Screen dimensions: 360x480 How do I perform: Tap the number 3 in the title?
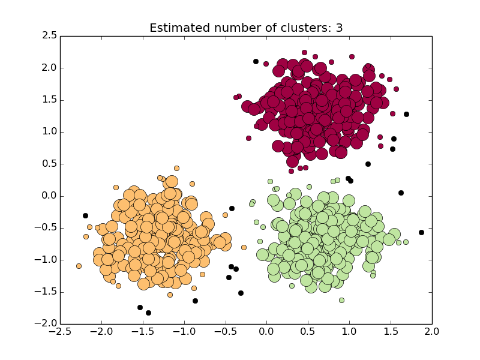(339, 28)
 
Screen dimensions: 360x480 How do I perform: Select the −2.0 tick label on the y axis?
(47, 324)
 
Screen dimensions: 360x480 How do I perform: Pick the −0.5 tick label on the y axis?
(47, 228)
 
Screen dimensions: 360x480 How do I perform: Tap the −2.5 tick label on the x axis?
(60, 331)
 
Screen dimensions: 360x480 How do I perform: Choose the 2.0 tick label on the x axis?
(432, 331)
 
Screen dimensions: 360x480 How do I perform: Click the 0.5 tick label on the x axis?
(308, 331)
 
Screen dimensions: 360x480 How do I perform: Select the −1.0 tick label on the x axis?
(184, 331)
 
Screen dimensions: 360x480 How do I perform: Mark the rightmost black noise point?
(421, 232)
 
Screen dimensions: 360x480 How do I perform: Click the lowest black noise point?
(148, 313)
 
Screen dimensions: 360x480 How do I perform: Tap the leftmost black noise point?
(85, 215)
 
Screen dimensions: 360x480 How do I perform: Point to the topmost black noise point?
(256, 61)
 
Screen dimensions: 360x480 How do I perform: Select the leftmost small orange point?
(79, 266)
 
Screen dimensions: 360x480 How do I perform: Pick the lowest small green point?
(341, 300)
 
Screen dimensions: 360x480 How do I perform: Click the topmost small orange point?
(176, 168)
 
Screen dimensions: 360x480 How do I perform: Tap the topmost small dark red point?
(304, 52)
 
